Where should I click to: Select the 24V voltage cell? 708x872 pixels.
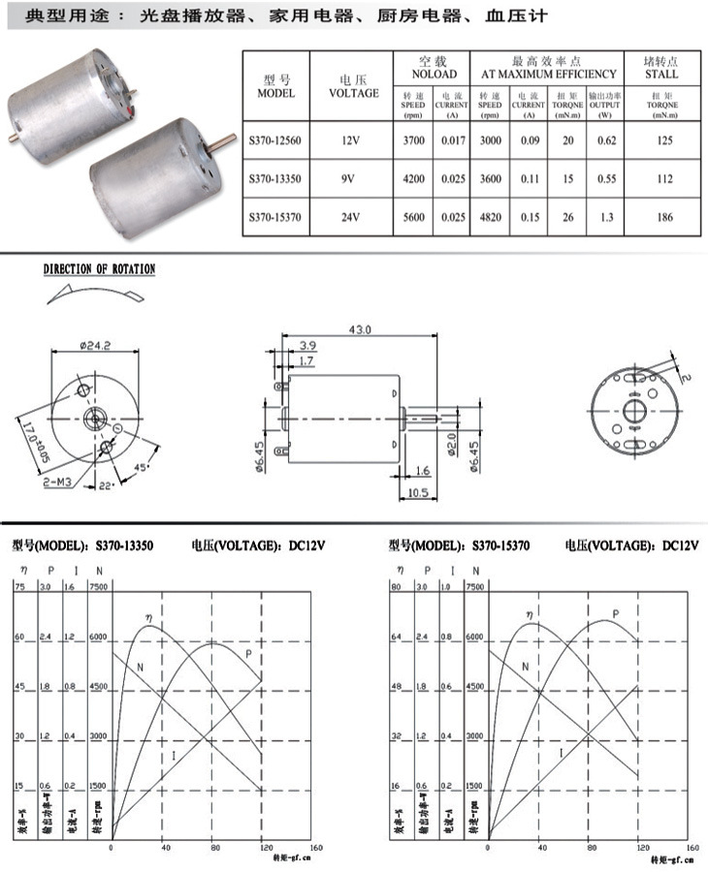pos(351,218)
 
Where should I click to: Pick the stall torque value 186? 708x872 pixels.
pos(662,218)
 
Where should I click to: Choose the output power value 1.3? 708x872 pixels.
pos(606,218)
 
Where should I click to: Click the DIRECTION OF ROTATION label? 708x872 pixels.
pos(99,269)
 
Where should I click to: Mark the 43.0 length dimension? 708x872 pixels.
pos(360,330)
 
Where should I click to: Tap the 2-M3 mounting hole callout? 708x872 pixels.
pos(56,481)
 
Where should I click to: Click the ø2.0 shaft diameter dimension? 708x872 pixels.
pos(451,445)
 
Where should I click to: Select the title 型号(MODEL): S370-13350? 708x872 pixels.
pos(83,545)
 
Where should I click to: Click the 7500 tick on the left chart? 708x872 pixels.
pos(98,587)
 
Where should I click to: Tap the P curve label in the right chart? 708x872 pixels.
pos(615,614)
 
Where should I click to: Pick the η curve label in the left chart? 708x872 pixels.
pos(149,615)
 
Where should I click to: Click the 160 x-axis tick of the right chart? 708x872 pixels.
pos(691,848)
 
